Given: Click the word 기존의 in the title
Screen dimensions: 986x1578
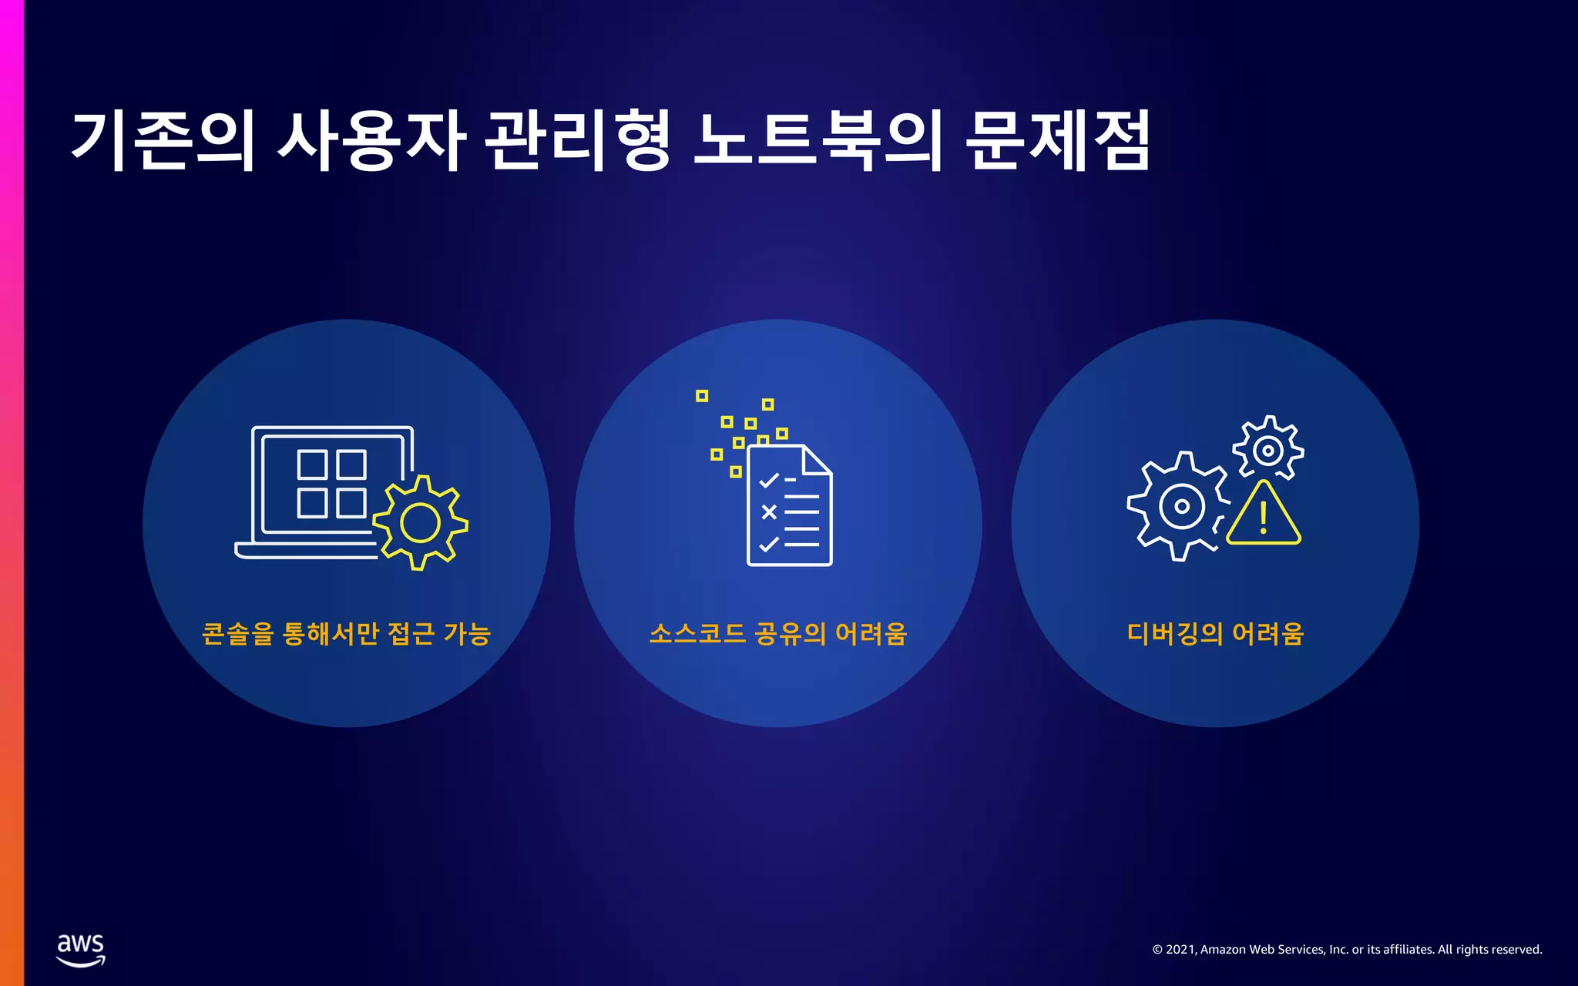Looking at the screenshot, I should click(163, 140).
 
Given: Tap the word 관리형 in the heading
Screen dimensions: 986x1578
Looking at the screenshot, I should click(578, 140).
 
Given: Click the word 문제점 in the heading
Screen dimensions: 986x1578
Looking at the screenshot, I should click(1058, 140).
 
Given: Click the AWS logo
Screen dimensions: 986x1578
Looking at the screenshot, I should click(81, 950).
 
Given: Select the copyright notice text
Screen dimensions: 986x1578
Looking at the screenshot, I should click(1347, 950).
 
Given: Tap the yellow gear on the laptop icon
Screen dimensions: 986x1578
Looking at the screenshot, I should click(420, 523).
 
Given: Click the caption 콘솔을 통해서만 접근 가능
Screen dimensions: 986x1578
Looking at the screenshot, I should click(346, 634).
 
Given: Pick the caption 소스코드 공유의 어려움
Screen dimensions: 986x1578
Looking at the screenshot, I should click(778, 634).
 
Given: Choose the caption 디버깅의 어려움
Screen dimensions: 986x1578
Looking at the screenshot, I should click(1215, 634).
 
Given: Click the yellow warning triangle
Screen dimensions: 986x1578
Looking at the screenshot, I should click(1263, 515).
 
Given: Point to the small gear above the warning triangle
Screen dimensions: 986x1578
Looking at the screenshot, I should click(1267, 449).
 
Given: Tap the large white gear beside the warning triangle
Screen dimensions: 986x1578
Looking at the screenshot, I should click(1180, 507).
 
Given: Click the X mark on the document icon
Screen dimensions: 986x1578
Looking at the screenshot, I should click(768, 512).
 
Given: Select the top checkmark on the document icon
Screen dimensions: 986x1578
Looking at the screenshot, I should click(769, 481).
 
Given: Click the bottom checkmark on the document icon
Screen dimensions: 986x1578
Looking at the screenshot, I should click(769, 545).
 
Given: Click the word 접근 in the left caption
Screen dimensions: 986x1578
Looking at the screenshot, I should click(411, 634).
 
